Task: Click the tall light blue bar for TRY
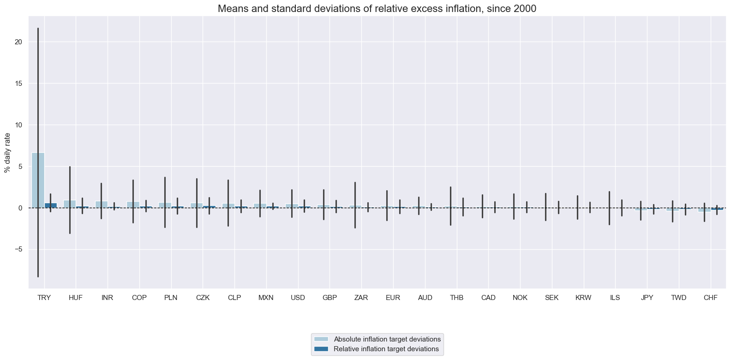[38, 180]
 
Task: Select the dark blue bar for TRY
[51, 205]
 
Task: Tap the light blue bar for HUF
[70, 204]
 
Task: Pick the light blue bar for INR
[102, 204]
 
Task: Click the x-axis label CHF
[710, 298]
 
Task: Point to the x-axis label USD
[298, 298]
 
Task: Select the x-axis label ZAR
[361, 298]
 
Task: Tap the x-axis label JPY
[647, 298]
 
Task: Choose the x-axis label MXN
[266, 298]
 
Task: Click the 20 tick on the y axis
[18, 42]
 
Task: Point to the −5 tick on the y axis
[17, 250]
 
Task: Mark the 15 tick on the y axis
[18, 84]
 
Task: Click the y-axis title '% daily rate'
[7, 152]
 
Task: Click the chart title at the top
[377, 8]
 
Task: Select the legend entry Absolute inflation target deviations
[387, 339]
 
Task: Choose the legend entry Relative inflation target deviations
[386, 349]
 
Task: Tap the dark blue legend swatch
[321, 349]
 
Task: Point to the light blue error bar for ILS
[609, 208]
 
